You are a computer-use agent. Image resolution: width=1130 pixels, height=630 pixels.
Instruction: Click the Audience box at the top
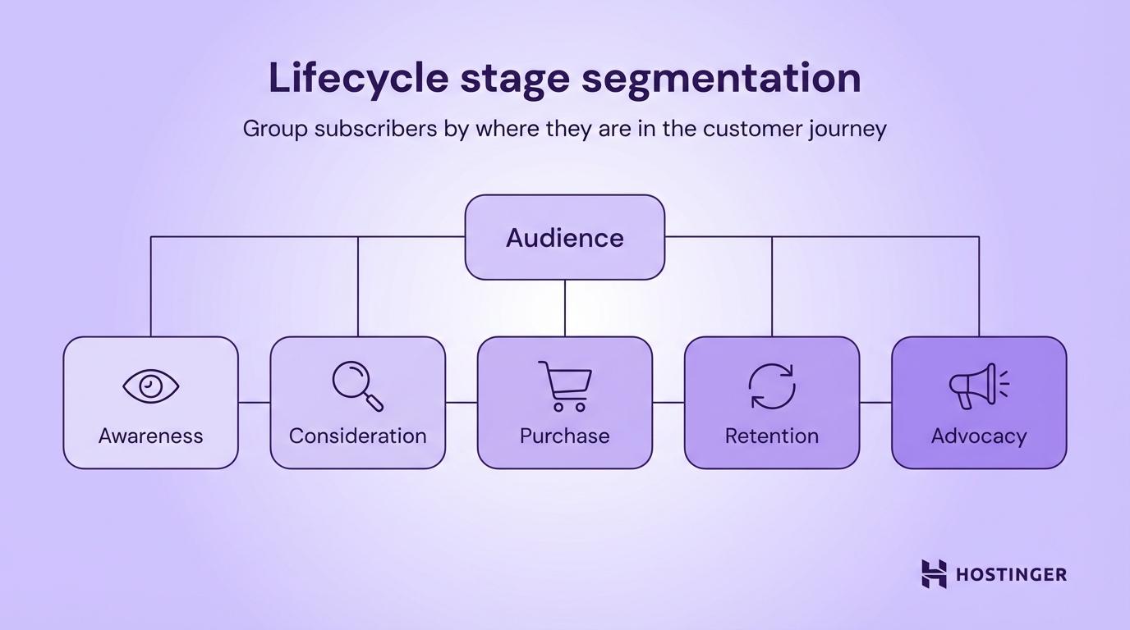(x=564, y=237)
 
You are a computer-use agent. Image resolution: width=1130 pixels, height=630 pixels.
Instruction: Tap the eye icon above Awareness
(x=151, y=386)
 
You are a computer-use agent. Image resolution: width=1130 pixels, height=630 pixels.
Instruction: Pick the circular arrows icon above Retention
(x=772, y=386)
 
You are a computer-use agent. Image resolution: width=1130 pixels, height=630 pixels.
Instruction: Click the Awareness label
(x=151, y=436)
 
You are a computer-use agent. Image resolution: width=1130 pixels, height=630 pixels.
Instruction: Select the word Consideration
(x=357, y=436)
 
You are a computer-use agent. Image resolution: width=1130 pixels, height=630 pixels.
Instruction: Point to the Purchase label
(x=565, y=436)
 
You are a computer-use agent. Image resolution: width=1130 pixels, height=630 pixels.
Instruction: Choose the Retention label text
(x=772, y=436)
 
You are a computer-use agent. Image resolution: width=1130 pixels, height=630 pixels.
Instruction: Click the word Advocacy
(x=979, y=436)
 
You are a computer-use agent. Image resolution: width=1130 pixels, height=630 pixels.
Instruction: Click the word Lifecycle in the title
(x=358, y=78)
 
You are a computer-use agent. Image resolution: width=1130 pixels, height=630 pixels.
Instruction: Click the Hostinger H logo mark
(x=934, y=573)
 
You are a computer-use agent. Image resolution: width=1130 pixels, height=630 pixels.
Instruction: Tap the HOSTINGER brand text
(x=1012, y=574)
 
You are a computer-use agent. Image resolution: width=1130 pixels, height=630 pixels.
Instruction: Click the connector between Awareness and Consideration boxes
(x=255, y=403)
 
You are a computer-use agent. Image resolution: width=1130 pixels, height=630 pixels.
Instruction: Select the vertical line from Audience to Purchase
(x=565, y=308)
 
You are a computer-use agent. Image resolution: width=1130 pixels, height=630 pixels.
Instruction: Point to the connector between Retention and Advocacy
(x=875, y=403)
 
